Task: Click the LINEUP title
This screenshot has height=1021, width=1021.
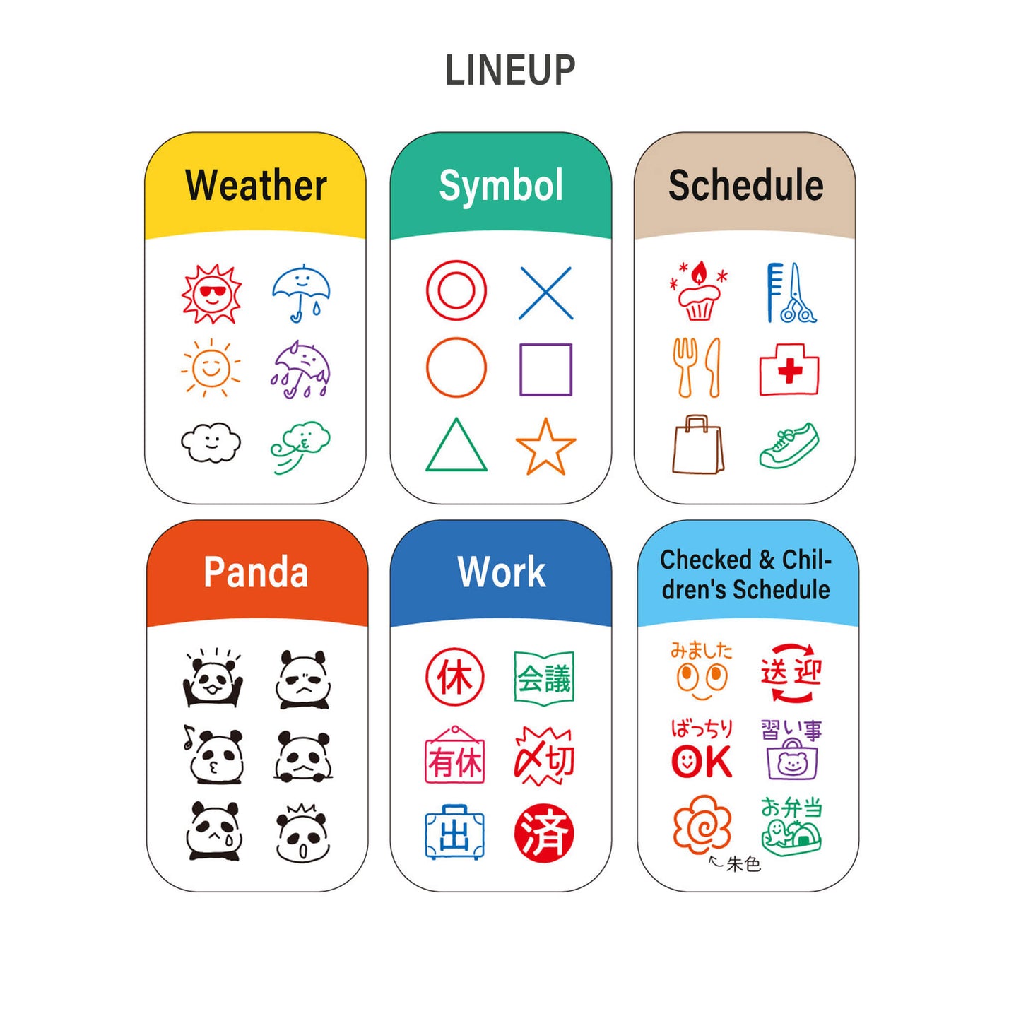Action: click(x=509, y=70)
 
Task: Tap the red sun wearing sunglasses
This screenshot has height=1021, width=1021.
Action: click(x=211, y=294)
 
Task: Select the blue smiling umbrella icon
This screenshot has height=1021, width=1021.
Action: click(x=301, y=293)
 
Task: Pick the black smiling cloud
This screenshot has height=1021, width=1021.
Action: click(x=211, y=442)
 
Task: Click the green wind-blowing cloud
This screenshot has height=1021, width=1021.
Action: click(x=300, y=447)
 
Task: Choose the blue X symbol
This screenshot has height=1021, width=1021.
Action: click(x=545, y=293)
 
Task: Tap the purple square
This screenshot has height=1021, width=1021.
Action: click(x=545, y=370)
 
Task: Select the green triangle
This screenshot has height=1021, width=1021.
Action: click(x=456, y=444)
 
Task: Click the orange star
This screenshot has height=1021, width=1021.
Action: click(x=545, y=446)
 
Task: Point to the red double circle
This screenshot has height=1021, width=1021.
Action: click(x=456, y=290)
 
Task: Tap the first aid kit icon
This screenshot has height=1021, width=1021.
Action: click(x=789, y=369)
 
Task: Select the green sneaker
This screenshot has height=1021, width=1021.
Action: click(x=789, y=445)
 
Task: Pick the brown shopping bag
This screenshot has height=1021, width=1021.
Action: click(x=698, y=444)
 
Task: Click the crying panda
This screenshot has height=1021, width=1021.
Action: click(x=215, y=830)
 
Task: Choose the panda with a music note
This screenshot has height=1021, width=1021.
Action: click(x=213, y=754)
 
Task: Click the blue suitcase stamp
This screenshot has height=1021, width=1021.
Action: click(x=454, y=832)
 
